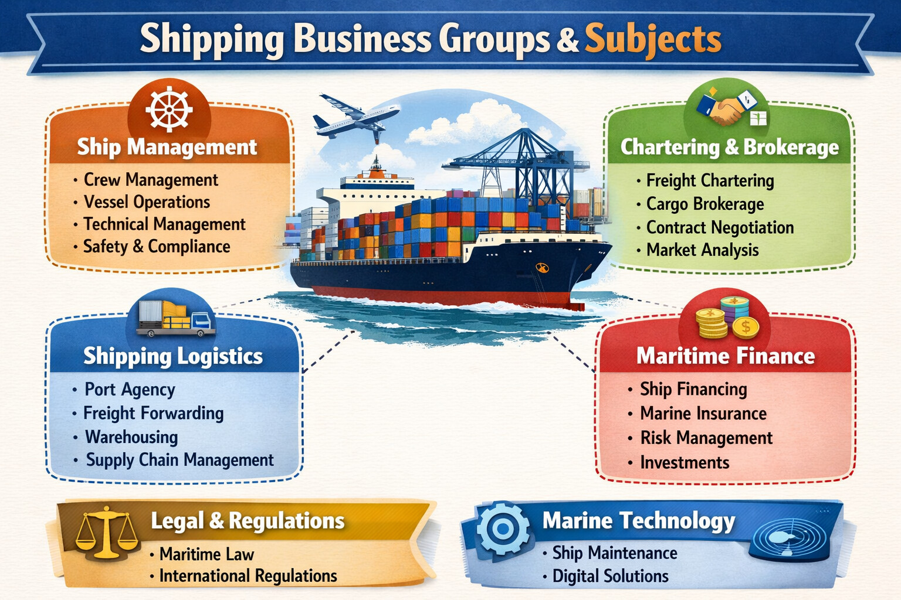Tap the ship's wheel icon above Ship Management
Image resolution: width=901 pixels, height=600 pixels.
169,110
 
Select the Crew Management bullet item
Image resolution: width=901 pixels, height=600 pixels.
151,180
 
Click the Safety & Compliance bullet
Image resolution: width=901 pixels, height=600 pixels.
157,247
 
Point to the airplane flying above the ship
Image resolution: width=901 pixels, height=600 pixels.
354,118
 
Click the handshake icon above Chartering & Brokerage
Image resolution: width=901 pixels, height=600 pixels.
727,110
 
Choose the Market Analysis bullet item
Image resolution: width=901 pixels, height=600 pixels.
702,250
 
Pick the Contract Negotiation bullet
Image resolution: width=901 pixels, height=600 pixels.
720,227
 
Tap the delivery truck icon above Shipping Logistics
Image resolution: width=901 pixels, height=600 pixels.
175,318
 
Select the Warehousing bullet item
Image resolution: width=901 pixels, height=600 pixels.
131,437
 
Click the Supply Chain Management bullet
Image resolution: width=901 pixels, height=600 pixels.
179,460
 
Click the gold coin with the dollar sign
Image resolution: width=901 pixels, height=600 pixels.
746,327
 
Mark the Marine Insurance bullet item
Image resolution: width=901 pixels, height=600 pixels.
703,414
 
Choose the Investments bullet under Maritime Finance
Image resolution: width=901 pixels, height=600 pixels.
685,463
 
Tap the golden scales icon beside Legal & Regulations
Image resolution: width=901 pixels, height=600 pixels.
106,531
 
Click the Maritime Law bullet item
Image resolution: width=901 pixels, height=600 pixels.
206,554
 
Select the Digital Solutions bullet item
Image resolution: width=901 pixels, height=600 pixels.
610,577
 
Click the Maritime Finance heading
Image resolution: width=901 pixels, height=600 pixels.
726,356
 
